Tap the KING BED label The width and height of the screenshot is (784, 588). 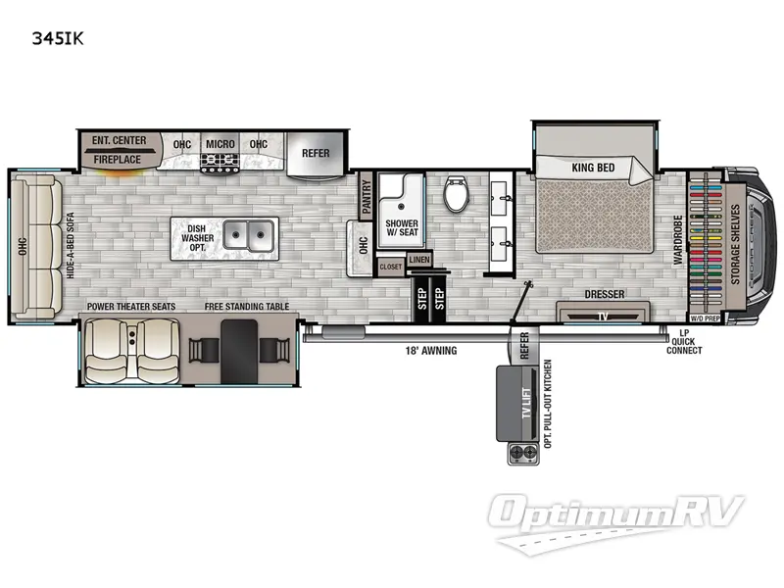[x=593, y=168]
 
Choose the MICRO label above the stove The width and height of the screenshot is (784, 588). [x=220, y=144]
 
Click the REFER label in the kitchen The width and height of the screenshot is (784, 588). [x=316, y=153]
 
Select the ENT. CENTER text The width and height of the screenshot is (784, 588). [x=119, y=141]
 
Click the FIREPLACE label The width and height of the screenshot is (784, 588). [x=118, y=159]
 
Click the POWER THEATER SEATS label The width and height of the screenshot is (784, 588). [x=131, y=307]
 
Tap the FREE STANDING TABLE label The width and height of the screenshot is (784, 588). [x=247, y=307]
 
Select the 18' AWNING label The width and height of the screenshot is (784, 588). [x=432, y=350]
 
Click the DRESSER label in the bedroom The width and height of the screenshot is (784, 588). [x=604, y=293]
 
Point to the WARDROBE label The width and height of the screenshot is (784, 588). [x=677, y=240]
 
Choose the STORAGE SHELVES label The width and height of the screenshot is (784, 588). [x=734, y=245]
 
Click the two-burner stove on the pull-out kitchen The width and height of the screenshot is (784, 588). [x=522, y=453]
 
